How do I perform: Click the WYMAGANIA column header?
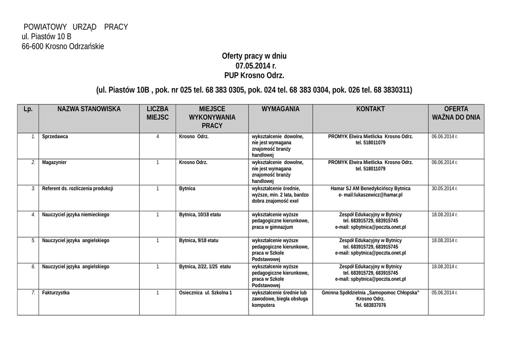pos(280,109)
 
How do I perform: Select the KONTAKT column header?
pos(370,109)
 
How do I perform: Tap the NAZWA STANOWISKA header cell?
pos(89,109)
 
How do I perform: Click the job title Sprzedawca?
pos(55,136)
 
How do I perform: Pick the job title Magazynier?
pos(54,163)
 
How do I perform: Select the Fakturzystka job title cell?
pos(56,293)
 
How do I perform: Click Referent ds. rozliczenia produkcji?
pos(78,188)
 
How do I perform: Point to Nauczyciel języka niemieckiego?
pos(76,215)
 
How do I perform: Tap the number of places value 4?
pos(158,136)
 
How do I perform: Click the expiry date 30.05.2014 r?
pos(444,188)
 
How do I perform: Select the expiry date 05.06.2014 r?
pos(444,293)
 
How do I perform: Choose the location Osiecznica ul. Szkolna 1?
pos(205,293)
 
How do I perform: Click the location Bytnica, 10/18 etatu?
pos(200,215)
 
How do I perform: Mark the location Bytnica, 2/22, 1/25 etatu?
pos(205,267)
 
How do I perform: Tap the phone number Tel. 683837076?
pos(370,305)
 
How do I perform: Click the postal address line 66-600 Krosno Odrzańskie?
pos(63,46)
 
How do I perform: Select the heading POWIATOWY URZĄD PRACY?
pos(76,27)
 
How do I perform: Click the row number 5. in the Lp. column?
pos(33,241)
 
